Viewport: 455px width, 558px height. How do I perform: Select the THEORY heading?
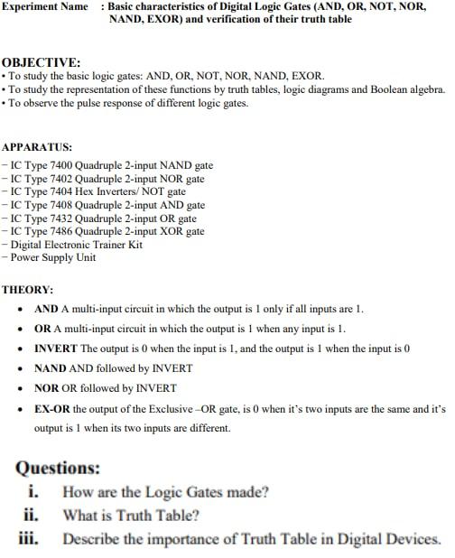click(28, 290)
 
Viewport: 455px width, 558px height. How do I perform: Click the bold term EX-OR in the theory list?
click(52, 409)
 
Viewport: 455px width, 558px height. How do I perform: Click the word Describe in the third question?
click(91, 539)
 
